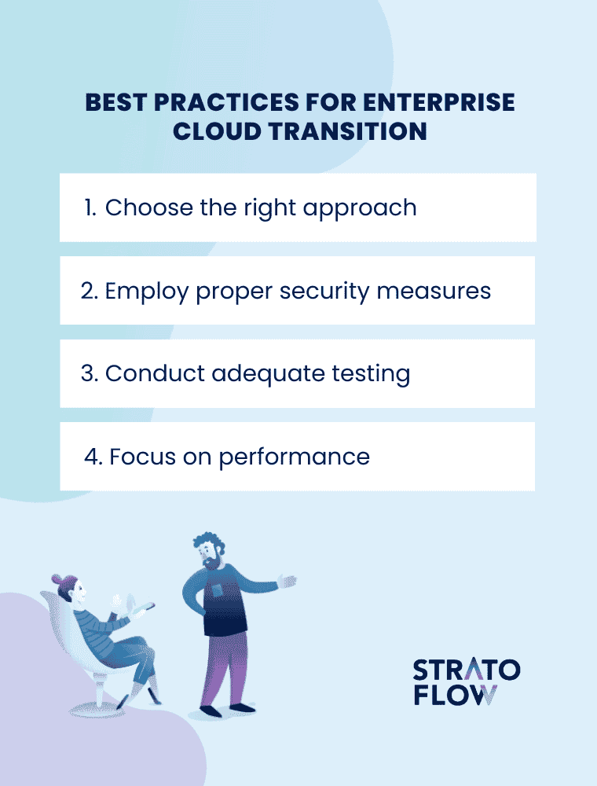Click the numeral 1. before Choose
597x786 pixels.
[90, 208]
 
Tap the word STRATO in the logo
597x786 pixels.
[466, 670]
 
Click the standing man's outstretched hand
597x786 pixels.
[288, 582]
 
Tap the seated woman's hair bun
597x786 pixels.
[57, 581]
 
